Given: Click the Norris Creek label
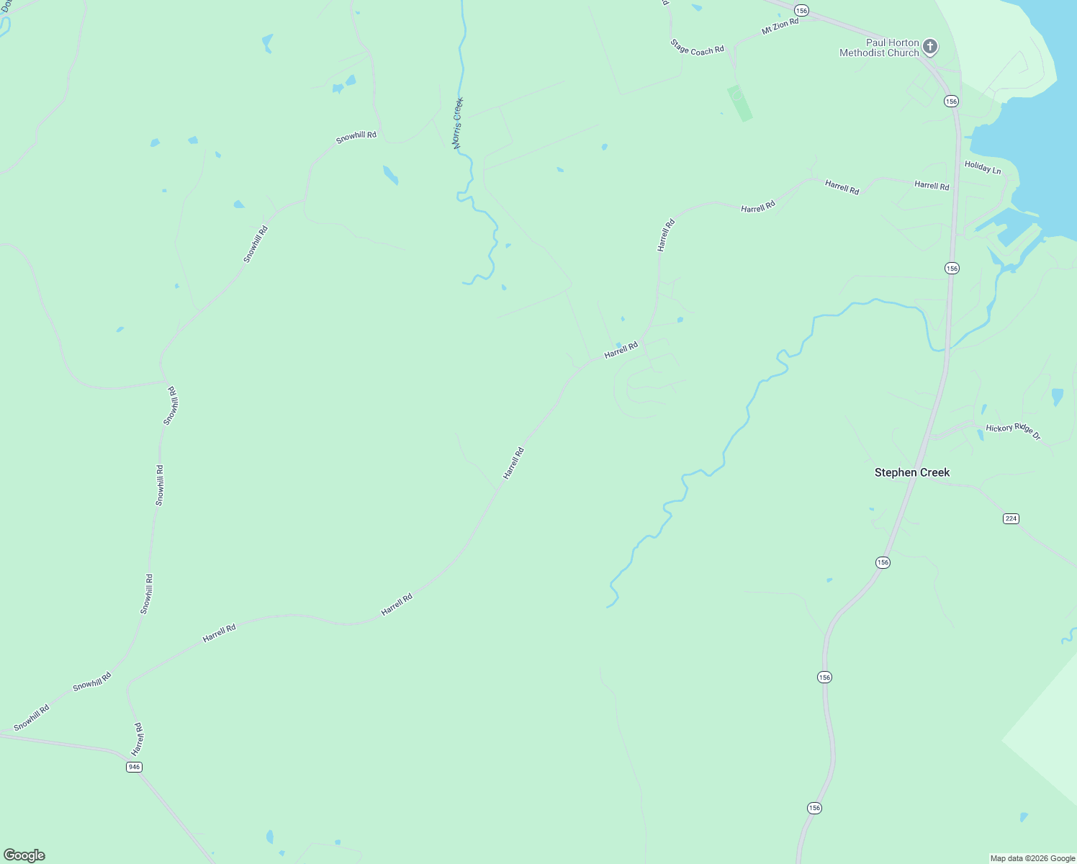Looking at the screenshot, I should [x=458, y=123].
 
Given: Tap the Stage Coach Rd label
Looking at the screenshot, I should [x=697, y=48].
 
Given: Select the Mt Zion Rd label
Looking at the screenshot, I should [x=780, y=27].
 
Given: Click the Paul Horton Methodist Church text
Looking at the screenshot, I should [x=880, y=48].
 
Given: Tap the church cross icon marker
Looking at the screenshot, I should [x=930, y=48].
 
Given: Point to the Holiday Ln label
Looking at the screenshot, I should [x=983, y=168].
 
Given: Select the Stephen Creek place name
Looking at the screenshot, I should [x=912, y=472].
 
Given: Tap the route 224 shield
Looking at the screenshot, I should [x=1011, y=518].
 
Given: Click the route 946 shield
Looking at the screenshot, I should [x=134, y=767].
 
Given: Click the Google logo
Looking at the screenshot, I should [x=24, y=855].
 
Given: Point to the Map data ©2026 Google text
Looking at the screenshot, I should [x=1032, y=858].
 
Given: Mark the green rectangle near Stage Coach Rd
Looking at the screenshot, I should [x=739, y=103].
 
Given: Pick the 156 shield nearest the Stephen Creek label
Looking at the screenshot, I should [x=883, y=562].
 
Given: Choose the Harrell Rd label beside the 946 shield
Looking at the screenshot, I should [x=138, y=739].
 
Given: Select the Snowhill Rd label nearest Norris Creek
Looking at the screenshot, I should [x=356, y=137].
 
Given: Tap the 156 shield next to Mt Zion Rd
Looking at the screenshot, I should [x=802, y=10].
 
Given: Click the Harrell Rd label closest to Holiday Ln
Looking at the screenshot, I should [x=932, y=186].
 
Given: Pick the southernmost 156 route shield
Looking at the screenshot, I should [x=814, y=808].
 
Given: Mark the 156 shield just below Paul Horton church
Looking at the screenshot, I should [x=952, y=102].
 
